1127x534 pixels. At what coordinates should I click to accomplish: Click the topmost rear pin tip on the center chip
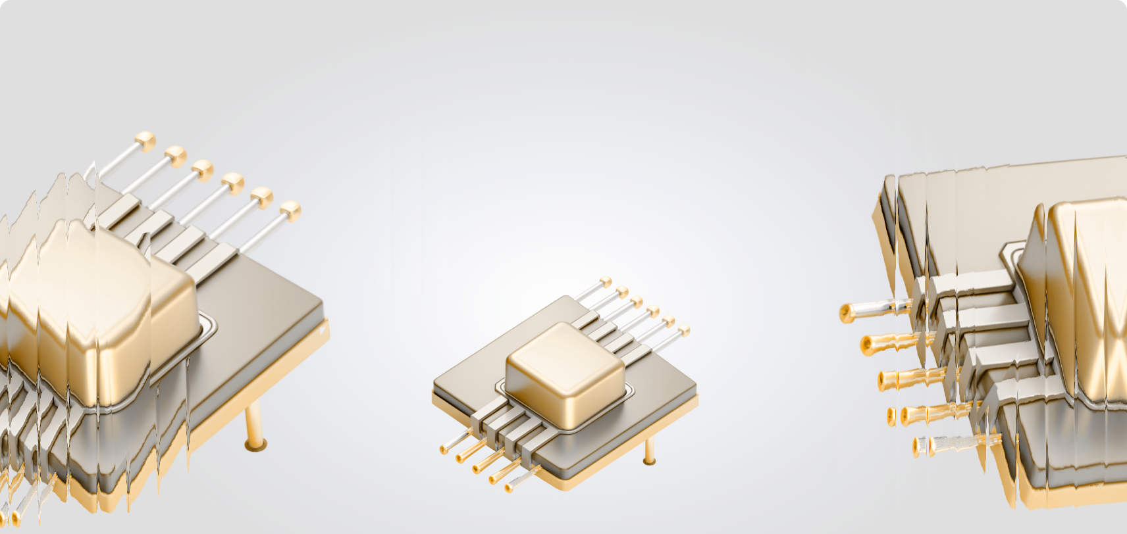(606, 282)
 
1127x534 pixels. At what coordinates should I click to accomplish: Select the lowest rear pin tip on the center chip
(684, 330)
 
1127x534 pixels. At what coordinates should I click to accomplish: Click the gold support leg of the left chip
(254, 427)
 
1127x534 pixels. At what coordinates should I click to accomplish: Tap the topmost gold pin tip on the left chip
(145, 139)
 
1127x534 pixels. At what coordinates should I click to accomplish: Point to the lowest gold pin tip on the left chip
(290, 210)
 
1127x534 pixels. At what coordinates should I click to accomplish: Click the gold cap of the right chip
(1080, 296)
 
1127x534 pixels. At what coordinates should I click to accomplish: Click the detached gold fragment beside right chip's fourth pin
(891, 416)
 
